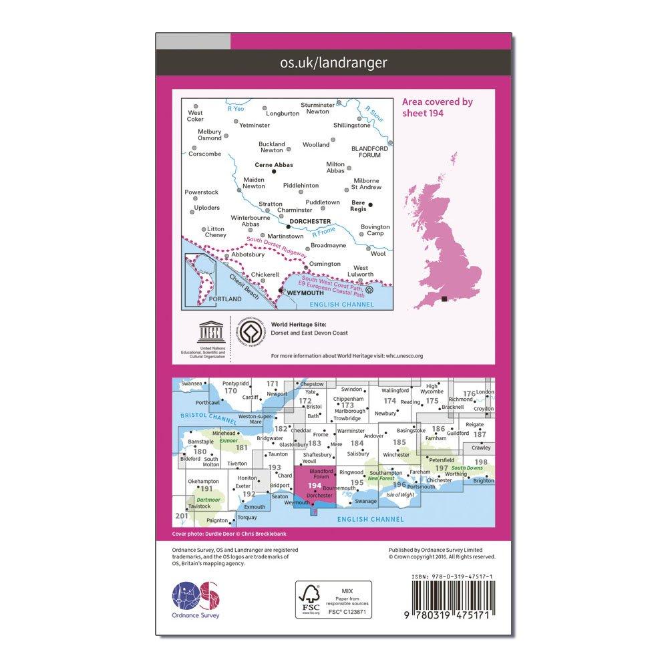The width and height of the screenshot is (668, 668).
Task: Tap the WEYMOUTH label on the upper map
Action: point(303,293)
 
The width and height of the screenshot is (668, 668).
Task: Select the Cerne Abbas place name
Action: point(274,165)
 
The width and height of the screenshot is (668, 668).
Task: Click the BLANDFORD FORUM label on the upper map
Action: point(365,152)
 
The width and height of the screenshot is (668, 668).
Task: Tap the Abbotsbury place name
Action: point(248,255)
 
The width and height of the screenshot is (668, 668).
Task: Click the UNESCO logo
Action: point(204,336)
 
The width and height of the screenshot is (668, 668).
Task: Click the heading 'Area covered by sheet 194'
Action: point(438,107)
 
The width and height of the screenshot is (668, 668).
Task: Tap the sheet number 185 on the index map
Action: point(399,442)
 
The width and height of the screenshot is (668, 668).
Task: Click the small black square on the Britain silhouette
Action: point(444,299)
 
